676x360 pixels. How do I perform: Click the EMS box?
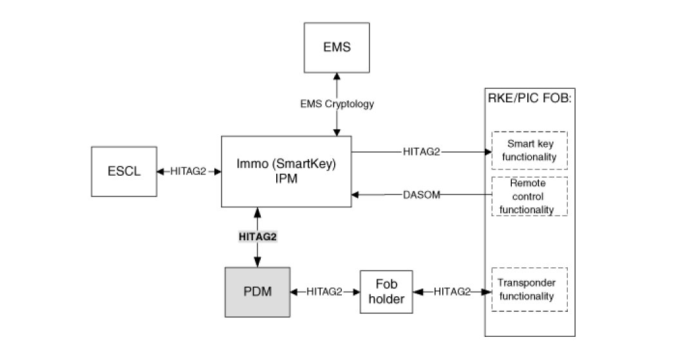[x=337, y=47]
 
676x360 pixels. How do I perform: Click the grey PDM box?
[x=258, y=292]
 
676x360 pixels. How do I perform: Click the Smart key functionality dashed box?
[x=530, y=150]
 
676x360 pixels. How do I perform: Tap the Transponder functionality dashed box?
[x=530, y=290]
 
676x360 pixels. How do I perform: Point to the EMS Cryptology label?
[x=337, y=104]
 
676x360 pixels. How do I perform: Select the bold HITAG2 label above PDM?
[x=258, y=236]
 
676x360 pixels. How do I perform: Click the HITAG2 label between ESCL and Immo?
[x=188, y=171]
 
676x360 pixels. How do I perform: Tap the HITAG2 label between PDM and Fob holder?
[x=324, y=292]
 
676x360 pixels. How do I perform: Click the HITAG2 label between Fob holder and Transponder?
[x=451, y=292]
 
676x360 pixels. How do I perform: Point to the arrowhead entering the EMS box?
[x=337, y=76]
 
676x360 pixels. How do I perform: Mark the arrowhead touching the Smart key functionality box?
[x=487, y=153]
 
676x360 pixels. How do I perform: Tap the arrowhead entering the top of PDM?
[x=258, y=262]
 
